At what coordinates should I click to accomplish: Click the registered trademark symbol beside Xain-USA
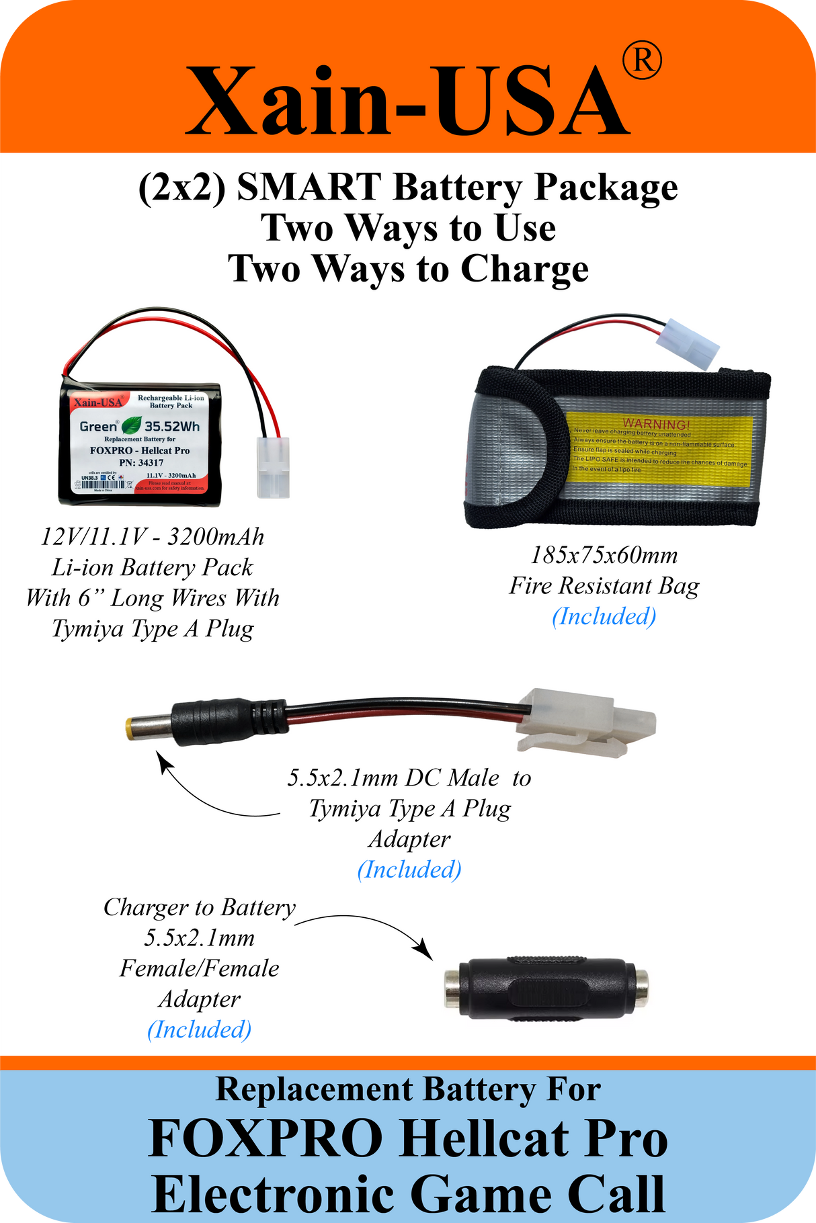coord(642,61)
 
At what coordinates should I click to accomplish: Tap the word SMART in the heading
coord(309,187)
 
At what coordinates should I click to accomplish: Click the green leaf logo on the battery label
coord(132,425)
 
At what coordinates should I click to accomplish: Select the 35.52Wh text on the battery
coord(172,426)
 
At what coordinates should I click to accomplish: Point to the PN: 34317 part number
coord(141,463)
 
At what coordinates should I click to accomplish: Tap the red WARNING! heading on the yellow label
coord(655,424)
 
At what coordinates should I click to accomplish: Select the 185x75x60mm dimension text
coord(604,555)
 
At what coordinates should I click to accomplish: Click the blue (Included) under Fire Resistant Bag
coord(604,616)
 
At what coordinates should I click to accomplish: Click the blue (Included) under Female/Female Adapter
coord(199,1029)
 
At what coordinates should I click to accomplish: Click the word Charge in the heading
coord(524,269)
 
